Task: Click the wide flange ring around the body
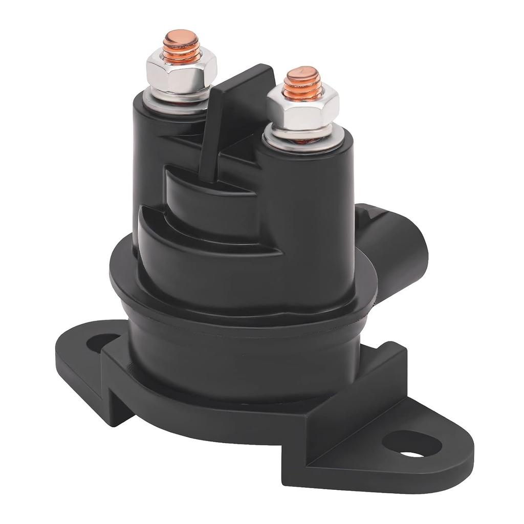pyautogui.click(x=241, y=297)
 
